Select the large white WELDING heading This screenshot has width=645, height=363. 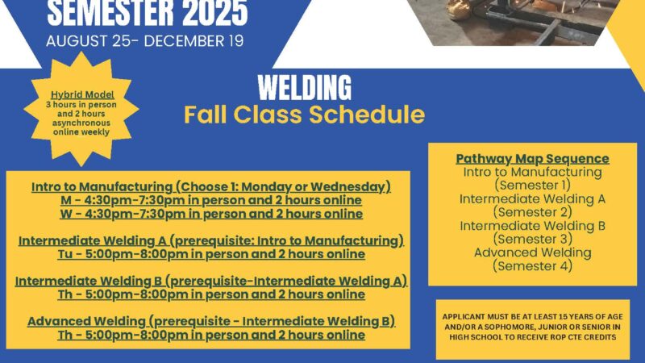coord(305,87)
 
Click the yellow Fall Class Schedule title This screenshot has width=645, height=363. coord(304,114)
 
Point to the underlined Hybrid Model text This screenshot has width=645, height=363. coord(82,95)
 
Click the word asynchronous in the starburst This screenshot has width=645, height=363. coord(81,123)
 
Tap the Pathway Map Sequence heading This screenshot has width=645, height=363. coord(532,158)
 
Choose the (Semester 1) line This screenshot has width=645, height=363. coord(532,186)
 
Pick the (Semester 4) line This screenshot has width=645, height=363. coord(532,266)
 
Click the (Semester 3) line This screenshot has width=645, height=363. coord(532,239)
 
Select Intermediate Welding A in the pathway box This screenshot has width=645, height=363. coord(532,198)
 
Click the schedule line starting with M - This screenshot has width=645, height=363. coord(211,200)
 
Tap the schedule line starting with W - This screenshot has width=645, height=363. coord(211,214)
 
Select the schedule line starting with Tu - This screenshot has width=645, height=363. coord(211,254)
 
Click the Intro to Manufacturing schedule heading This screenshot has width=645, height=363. coord(211,187)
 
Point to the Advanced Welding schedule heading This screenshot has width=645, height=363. coord(211,321)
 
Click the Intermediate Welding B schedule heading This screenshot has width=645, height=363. coord(211,281)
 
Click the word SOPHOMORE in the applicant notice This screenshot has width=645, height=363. coord(512,328)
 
